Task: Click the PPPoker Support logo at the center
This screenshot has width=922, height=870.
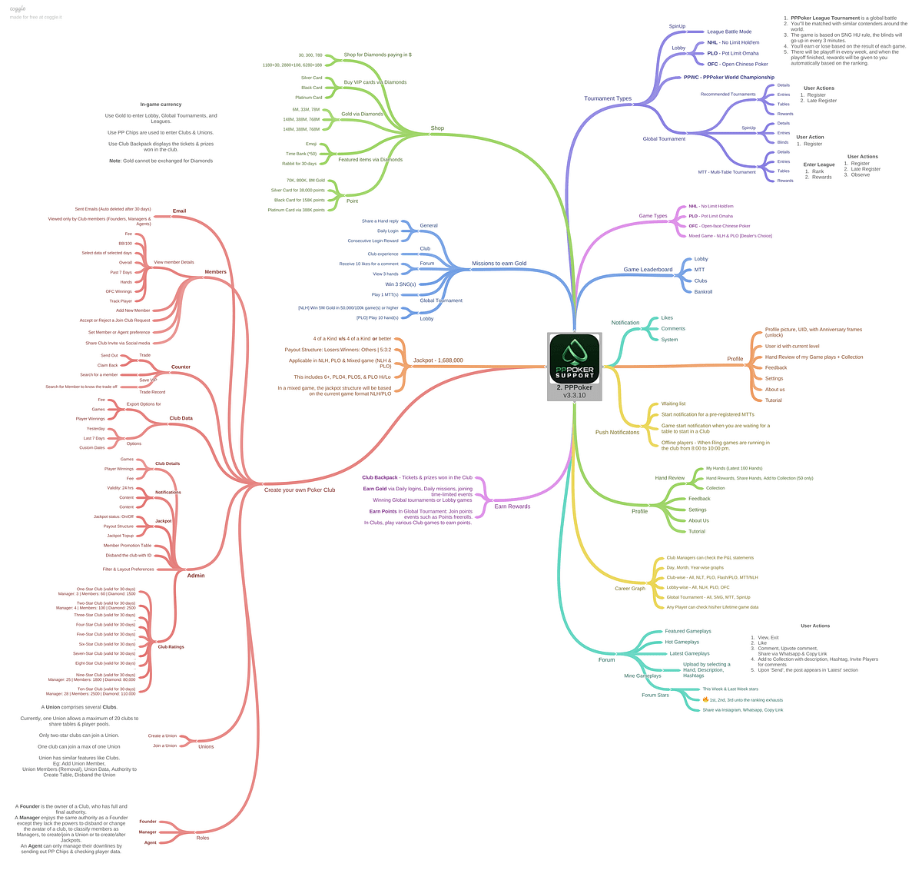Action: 575,358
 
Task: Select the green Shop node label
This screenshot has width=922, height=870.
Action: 437,128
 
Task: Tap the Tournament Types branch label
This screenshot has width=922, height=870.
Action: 607,98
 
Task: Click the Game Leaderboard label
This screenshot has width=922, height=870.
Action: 648,270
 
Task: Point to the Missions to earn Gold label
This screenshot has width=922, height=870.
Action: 499,264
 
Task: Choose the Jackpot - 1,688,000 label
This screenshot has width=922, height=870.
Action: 438,360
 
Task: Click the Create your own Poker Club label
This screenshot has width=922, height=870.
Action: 300,490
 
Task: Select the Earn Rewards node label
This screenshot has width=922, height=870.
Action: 512,506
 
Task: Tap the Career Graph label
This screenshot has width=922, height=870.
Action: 630,589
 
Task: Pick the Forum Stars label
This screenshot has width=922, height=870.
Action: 655,696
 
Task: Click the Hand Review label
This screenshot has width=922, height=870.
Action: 669,478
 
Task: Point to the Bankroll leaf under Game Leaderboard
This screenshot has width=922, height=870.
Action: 703,292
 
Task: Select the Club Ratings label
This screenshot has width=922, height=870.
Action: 171,647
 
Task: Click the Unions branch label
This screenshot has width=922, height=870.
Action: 206,746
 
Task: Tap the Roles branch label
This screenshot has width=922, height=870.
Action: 203,838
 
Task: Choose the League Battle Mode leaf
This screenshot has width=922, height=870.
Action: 729,32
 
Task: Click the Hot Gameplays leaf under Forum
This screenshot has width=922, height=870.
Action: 682,642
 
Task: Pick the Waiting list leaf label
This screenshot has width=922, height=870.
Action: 673,403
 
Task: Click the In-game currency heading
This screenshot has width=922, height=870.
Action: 161,105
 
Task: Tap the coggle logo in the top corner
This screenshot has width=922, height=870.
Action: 18,8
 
